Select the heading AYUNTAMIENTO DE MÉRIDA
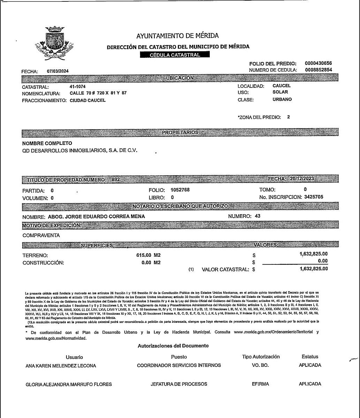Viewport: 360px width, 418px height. [177, 36]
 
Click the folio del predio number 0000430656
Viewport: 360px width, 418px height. [318, 63]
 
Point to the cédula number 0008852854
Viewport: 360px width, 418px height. [318, 70]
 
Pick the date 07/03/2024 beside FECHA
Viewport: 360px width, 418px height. [58, 71]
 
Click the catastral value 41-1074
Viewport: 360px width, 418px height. [78, 86]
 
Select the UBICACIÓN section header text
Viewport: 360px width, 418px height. [180, 78]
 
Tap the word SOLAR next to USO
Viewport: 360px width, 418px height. [280, 92]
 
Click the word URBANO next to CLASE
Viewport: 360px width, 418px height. [282, 99]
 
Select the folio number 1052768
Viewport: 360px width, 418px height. [180, 190]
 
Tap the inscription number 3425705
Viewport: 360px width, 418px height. [314, 197]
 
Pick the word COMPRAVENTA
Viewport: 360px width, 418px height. [41, 235]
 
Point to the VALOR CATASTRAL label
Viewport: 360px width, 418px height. [225, 269]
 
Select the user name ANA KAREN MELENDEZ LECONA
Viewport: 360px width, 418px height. [61, 366]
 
